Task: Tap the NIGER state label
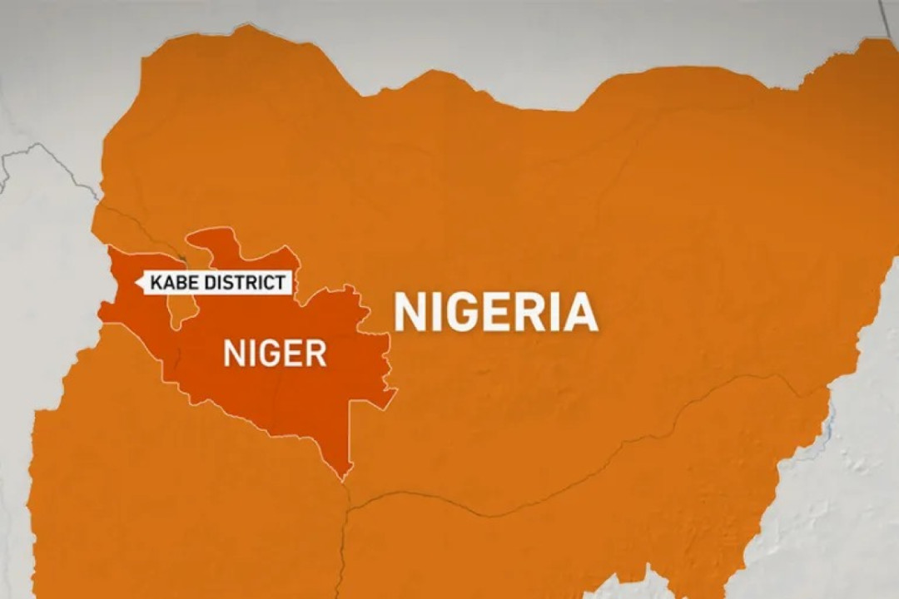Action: point(275,354)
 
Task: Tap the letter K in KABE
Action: point(156,283)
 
